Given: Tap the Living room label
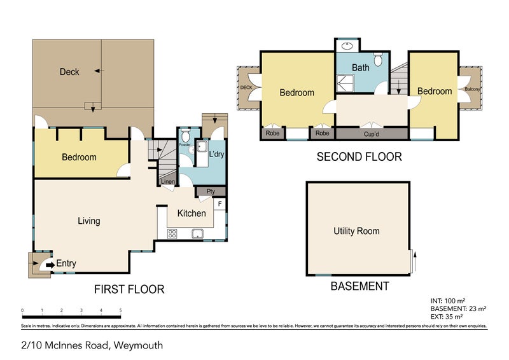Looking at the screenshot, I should (88, 221).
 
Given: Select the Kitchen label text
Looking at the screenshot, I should (191, 213).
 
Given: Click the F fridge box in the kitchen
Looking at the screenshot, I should (220, 204).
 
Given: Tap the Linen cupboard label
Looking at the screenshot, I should (167, 183).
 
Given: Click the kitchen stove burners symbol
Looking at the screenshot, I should (172, 233).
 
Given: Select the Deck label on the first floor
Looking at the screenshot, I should (69, 72).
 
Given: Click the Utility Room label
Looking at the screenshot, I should (356, 231).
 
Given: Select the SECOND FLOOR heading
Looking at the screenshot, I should (359, 156).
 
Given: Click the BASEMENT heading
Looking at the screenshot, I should (359, 286).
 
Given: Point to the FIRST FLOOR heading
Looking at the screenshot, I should (129, 289).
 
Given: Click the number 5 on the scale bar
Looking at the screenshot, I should (120, 311).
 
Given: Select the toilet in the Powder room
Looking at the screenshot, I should (185, 136).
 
